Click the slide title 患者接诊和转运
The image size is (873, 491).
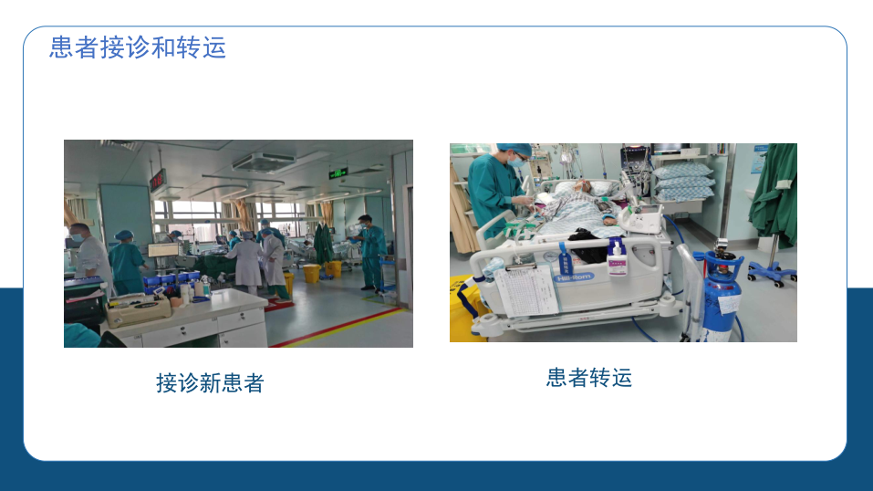pos(138,47)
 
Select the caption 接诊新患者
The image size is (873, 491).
pos(210,383)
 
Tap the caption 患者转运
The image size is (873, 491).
pos(589,378)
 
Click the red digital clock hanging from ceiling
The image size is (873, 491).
pos(158,181)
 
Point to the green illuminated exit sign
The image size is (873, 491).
pos(338,173)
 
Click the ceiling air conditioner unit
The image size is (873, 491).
pos(264,162)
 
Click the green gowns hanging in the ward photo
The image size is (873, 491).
pos(323,244)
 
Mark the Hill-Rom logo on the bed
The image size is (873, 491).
pos(575,277)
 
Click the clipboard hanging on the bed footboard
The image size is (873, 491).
pos(525,290)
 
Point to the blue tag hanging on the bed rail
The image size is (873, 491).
pos(566,258)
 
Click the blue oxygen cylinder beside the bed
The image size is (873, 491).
pos(722,296)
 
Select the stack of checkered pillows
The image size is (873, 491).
pos(682,182)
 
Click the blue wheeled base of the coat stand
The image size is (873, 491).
pos(773,272)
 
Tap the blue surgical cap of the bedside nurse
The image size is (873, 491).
pos(513,149)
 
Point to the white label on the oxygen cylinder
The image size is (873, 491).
pos(728,306)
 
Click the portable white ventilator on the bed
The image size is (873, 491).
pos(643,218)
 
